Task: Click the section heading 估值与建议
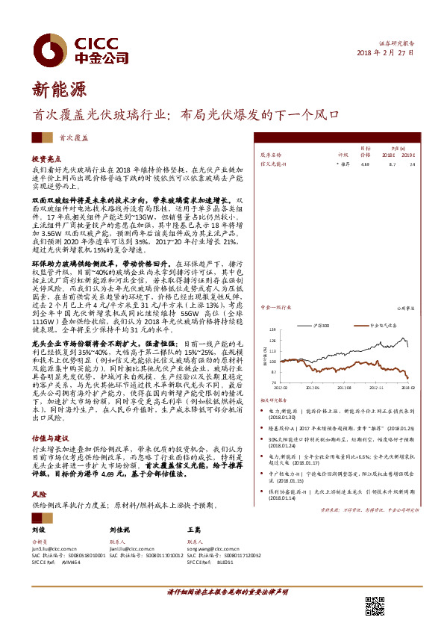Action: (x=49, y=437)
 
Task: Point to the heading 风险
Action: (x=38, y=495)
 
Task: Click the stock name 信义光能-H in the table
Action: (x=272, y=163)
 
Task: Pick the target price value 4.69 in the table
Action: (x=365, y=163)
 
